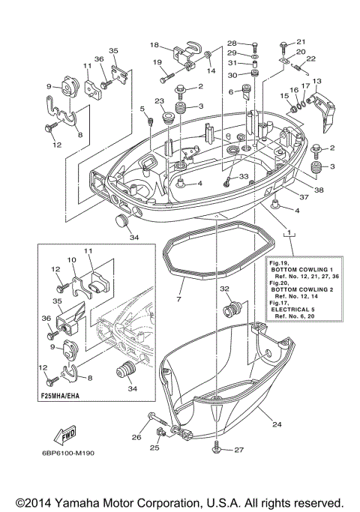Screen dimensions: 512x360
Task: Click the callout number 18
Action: tap(154, 44)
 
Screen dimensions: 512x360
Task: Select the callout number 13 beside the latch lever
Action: tap(316, 80)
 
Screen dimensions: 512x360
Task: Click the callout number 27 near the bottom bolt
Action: tap(239, 450)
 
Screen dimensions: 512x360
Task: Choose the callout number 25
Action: tap(154, 448)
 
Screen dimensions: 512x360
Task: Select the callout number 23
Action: tap(160, 102)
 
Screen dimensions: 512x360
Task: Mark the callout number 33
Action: tap(244, 176)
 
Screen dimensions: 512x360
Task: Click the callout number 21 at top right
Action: tap(301, 41)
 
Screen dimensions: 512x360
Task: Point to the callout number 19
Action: tap(158, 62)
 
